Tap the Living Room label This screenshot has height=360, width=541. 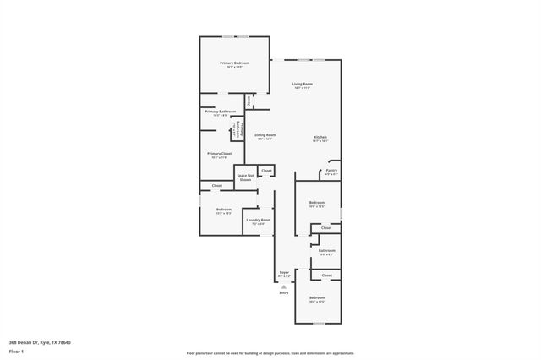(x=303, y=85)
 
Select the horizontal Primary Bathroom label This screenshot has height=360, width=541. (x=220, y=112)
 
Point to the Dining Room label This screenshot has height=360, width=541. (x=266, y=136)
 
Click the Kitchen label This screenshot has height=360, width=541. (x=320, y=138)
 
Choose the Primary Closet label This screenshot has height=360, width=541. (x=220, y=155)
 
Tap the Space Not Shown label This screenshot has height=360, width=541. (x=245, y=177)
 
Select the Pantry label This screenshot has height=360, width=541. (x=331, y=172)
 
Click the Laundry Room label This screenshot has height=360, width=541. (x=258, y=221)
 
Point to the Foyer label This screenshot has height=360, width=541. (x=285, y=273)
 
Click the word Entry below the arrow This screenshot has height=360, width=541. (x=284, y=292)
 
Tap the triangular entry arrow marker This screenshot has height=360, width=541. (x=284, y=286)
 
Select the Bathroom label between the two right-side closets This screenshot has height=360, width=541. (x=327, y=251)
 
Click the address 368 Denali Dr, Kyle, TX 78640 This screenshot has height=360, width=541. (x=40, y=342)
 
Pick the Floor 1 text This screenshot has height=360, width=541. (x=16, y=351)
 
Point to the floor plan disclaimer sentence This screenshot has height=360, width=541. (x=270, y=353)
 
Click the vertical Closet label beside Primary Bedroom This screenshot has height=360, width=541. (x=249, y=101)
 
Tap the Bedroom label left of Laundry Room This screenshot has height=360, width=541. (x=223, y=210)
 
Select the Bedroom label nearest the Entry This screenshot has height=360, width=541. (x=316, y=299)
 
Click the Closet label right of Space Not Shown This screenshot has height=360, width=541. (x=266, y=171)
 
